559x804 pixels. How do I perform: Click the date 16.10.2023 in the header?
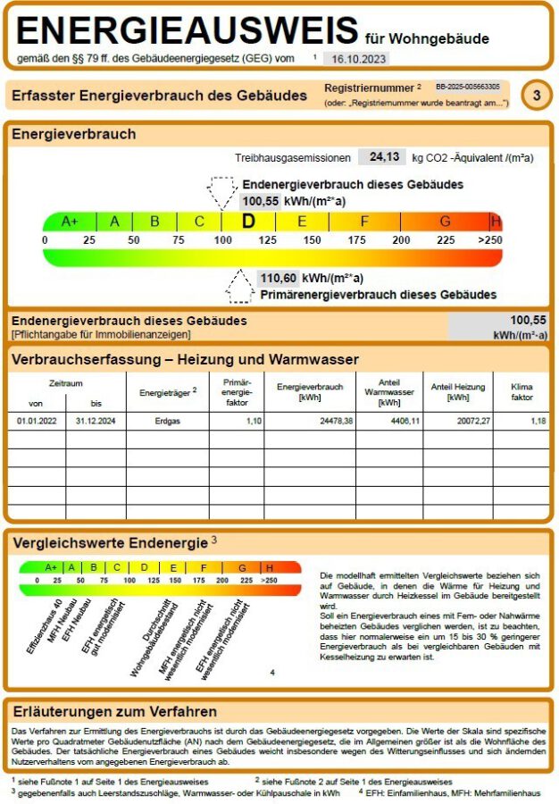(x=356, y=58)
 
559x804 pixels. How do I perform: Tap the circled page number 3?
(x=536, y=95)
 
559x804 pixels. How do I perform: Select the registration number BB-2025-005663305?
(x=467, y=88)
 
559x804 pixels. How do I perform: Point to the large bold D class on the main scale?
(x=249, y=222)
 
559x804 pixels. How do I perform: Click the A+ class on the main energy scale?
(x=70, y=222)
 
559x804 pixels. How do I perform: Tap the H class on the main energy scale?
(x=496, y=222)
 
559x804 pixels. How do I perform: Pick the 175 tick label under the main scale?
(x=356, y=240)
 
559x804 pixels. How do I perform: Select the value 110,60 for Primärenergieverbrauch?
(x=277, y=278)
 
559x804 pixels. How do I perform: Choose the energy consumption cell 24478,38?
(x=329, y=421)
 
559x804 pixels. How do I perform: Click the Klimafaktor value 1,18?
(x=538, y=421)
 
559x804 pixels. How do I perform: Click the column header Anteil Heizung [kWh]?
(x=457, y=392)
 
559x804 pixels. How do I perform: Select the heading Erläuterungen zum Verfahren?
(x=114, y=712)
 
